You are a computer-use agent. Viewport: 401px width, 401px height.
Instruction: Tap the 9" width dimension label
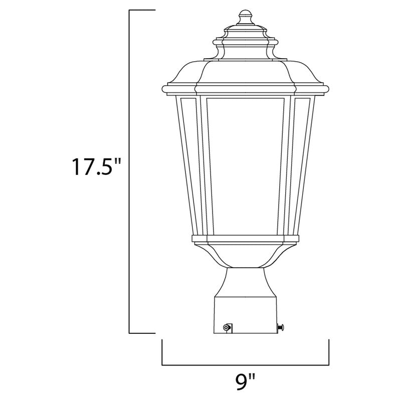tap(245, 384)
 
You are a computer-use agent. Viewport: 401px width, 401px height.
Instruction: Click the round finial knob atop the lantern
tap(246, 16)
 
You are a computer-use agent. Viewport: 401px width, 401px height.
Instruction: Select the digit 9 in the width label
tap(242, 384)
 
